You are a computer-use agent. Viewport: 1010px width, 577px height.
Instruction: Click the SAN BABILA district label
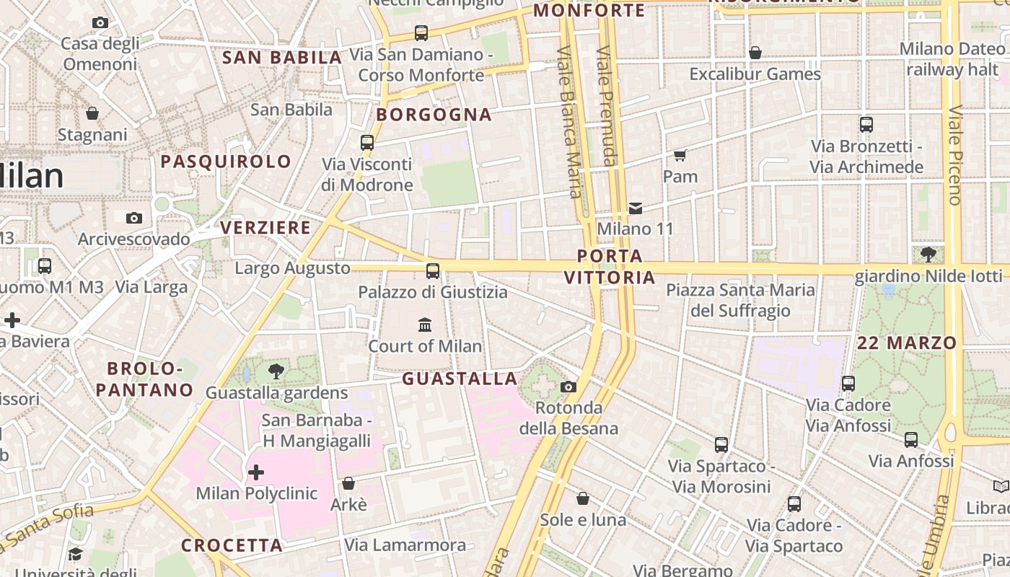click(281, 58)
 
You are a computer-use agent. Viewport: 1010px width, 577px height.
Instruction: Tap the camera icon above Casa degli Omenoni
click(100, 22)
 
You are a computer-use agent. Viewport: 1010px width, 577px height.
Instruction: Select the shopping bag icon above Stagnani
click(92, 113)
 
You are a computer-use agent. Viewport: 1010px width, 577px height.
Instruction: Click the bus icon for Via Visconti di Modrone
click(367, 142)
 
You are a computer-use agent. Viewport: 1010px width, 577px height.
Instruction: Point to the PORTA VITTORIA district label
click(610, 267)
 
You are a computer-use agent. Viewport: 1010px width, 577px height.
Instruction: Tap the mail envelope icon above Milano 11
click(635, 208)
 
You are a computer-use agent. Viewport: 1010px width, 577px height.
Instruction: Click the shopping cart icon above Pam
click(680, 155)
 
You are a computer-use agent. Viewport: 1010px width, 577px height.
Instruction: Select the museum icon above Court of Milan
click(425, 325)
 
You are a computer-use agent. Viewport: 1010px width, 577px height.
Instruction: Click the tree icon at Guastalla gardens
click(276, 371)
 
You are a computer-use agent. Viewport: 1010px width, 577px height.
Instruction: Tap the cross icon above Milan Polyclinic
click(256, 472)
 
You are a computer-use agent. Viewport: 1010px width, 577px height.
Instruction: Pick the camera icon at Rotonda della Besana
click(568, 387)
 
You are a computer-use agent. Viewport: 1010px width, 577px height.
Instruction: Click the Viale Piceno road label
click(956, 155)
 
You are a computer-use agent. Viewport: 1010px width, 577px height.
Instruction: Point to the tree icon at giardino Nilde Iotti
click(928, 254)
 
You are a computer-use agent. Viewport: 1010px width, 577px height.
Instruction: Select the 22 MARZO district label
click(907, 343)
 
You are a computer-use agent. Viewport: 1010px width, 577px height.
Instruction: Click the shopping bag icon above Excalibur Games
click(755, 53)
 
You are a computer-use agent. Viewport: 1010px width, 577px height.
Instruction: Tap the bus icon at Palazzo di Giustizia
click(433, 271)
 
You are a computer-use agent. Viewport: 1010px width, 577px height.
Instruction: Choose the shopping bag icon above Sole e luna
click(583, 498)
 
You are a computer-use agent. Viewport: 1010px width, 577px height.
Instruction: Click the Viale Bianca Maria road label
click(569, 123)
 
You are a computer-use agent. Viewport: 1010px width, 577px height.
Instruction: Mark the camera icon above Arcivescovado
click(134, 218)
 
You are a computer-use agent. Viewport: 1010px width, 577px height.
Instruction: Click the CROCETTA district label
click(232, 545)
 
